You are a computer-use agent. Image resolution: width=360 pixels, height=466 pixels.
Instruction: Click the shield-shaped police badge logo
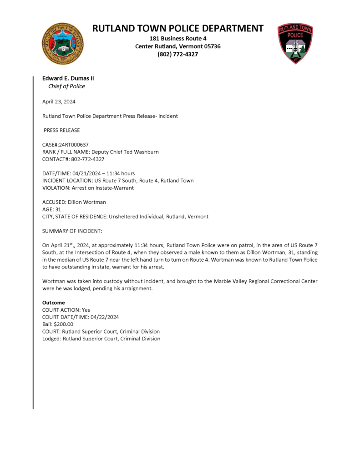coord(295,43)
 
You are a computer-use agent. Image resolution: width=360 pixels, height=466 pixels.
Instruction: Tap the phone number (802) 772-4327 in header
coord(178,54)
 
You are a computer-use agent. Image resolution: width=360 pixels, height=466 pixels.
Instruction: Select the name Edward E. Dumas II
coord(68,78)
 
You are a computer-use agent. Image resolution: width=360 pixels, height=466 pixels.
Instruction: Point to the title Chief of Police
coord(66,86)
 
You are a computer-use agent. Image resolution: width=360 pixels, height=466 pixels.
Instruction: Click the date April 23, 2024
coord(59,101)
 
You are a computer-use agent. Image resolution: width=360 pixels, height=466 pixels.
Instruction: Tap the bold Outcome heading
coord(53,303)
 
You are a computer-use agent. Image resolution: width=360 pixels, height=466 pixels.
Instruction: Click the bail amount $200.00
coord(63,324)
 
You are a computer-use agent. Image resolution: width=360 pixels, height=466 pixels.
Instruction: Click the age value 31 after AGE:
coord(58,209)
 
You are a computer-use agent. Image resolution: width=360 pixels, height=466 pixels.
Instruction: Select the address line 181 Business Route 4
coord(178,38)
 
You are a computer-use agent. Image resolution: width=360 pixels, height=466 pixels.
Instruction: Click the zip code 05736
coord(210,46)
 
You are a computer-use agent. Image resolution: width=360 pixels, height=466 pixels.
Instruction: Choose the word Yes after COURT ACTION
coord(86,310)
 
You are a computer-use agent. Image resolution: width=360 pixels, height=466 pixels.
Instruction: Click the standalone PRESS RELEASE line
coord(61,130)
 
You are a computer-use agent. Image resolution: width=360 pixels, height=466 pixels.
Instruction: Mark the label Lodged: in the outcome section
coord(51,339)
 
